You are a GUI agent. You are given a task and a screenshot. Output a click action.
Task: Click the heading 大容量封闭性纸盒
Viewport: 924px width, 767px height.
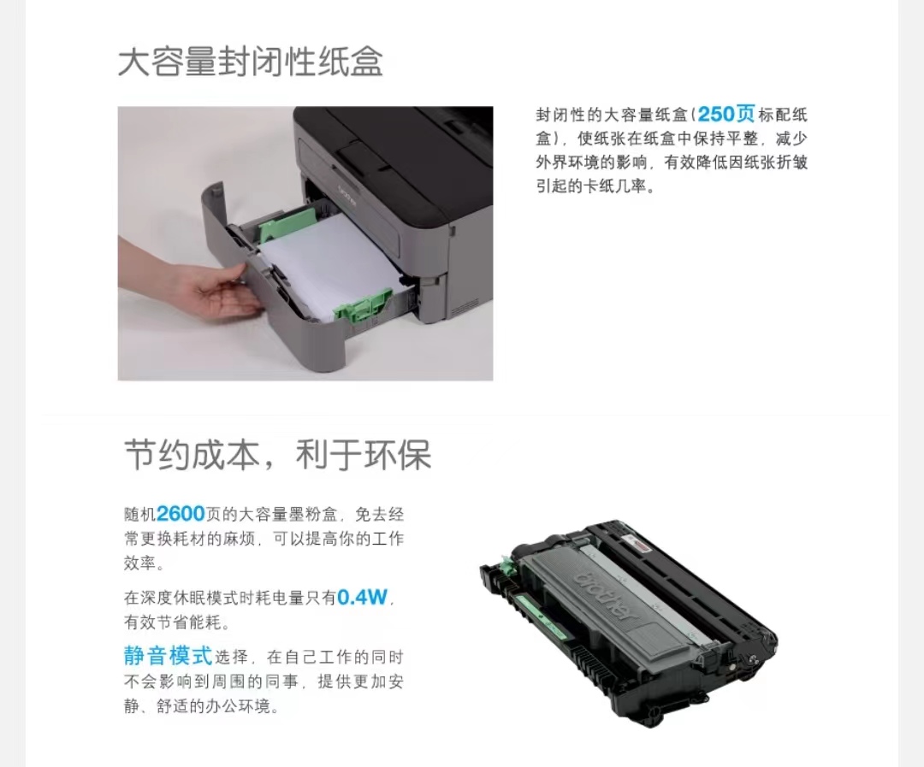point(251,62)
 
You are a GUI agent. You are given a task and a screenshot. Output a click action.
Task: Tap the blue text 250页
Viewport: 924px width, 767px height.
point(726,114)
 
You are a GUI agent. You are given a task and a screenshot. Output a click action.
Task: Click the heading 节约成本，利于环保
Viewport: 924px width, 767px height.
point(278,454)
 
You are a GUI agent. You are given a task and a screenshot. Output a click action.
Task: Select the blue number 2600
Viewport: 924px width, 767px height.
point(181,514)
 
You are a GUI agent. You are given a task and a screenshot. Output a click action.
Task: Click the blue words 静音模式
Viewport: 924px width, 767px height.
point(168,656)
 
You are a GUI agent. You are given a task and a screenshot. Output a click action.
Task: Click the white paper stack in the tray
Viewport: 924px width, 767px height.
point(330,263)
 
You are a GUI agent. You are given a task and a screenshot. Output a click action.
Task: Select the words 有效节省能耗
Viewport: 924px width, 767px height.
point(177,622)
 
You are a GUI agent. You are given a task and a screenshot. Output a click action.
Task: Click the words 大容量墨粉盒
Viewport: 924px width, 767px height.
point(288,514)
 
